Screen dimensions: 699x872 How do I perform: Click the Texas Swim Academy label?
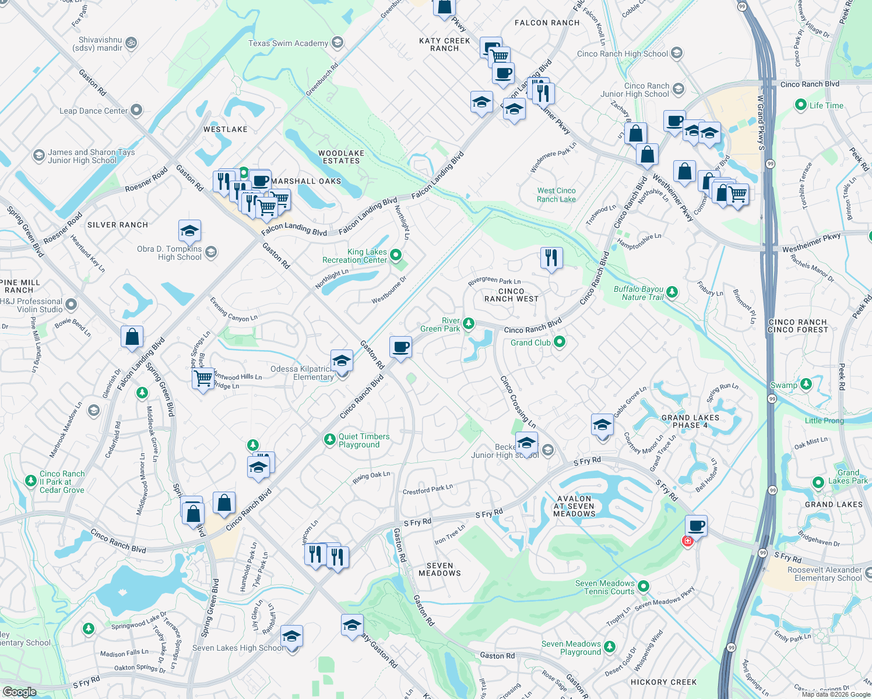click(x=288, y=43)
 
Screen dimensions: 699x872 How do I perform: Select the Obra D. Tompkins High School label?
click(x=170, y=253)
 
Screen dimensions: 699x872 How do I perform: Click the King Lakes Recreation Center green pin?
click(x=396, y=255)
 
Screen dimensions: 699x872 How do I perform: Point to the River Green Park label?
click(x=440, y=324)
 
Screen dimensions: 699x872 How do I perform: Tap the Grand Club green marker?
click(x=560, y=342)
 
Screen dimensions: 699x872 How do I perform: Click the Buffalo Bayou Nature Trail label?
click(x=638, y=293)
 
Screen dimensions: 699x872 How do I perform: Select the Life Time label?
click(x=826, y=105)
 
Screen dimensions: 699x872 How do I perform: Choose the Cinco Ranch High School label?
click(x=622, y=54)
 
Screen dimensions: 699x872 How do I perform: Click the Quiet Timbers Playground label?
click(x=364, y=440)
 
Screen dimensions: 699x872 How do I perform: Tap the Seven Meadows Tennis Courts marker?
click(x=643, y=586)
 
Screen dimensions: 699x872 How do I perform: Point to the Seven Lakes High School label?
click(x=238, y=648)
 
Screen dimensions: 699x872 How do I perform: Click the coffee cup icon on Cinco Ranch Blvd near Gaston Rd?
click(x=400, y=348)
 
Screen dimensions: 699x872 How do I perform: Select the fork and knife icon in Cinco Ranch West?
click(x=551, y=257)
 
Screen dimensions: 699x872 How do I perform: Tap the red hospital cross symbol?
click(x=687, y=541)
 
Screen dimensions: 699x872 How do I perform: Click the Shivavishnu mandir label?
click(x=100, y=44)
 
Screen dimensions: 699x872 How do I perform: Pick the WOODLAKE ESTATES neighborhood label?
click(x=341, y=157)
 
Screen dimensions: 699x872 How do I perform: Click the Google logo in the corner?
click(x=19, y=691)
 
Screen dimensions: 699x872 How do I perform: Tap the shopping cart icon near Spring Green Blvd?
click(x=203, y=379)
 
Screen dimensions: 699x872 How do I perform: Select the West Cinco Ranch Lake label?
click(x=556, y=195)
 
